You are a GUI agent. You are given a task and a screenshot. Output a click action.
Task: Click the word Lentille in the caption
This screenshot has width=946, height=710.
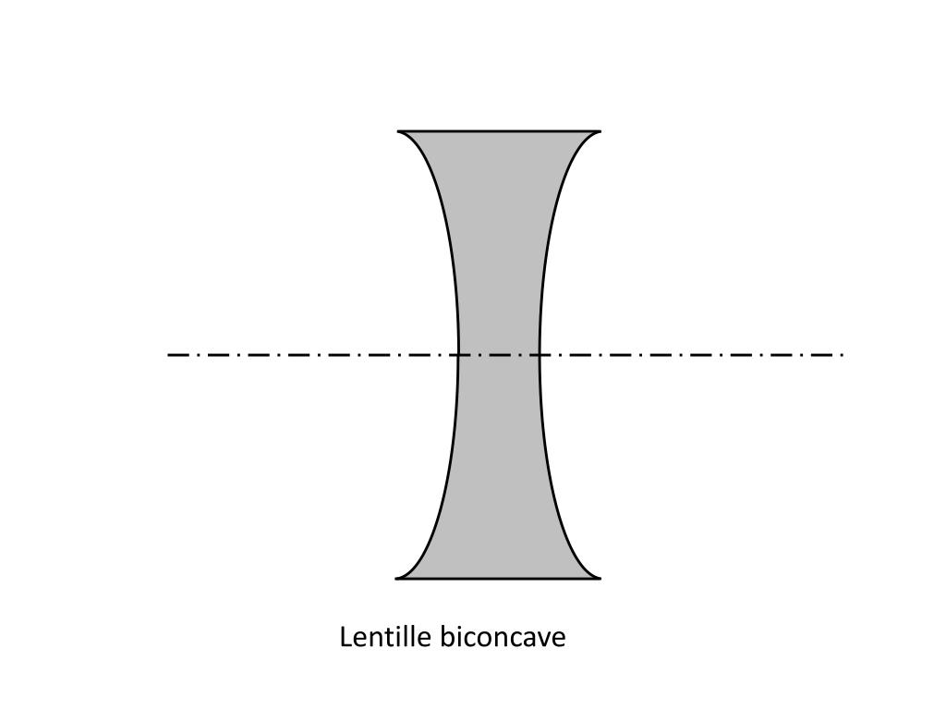[387, 638]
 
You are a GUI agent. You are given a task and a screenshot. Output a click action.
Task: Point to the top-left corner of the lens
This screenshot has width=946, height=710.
[399, 132]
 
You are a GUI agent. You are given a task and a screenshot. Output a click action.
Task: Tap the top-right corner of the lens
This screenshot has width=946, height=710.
[600, 132]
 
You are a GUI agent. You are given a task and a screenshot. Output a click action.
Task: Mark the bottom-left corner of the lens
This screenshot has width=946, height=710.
[397, 578]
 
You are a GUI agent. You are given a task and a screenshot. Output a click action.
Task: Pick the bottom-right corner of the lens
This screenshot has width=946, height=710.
[600, 578]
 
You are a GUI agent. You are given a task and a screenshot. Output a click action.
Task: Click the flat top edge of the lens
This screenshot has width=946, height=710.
[499, 131]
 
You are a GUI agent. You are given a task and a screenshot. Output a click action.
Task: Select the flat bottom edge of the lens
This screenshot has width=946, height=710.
[499, 579]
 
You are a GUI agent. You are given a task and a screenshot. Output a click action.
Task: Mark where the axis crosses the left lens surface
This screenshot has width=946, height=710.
[458, 354]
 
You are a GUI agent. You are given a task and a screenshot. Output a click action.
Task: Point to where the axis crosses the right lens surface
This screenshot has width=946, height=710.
[540, 354]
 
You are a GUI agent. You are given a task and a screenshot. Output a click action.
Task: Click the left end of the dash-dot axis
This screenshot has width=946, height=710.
[169, 354]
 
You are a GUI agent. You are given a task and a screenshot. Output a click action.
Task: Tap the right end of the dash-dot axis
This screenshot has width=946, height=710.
[843, 354]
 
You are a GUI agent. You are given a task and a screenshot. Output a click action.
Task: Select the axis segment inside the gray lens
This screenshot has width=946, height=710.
[499, 354]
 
